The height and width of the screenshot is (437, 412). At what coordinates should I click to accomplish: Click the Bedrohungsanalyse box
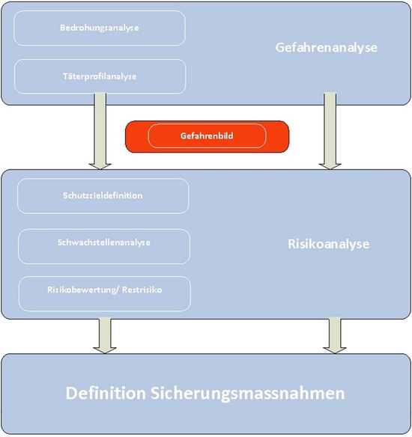(100, 28)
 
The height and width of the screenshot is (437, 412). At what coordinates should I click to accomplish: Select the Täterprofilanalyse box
(100, 76)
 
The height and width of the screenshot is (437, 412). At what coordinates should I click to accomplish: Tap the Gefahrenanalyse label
(326, 48)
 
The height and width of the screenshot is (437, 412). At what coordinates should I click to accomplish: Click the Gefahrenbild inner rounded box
(207, 136)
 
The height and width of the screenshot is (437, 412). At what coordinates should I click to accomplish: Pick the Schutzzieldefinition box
(103, 196)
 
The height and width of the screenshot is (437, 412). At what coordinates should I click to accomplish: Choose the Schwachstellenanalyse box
(104, 246)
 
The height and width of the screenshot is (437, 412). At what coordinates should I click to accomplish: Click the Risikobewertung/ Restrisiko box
(105, 294)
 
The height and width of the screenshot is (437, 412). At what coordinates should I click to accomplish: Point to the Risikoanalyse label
(329, 244)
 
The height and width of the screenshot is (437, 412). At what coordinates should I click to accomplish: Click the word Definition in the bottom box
(106, 394)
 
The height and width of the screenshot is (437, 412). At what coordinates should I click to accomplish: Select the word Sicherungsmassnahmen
(248, 394)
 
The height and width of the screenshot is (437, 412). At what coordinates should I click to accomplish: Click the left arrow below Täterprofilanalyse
(100, 131)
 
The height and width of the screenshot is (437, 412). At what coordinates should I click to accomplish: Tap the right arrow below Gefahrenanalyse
(330, 131)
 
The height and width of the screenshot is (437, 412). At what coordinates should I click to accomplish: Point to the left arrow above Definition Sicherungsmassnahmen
(105, 335)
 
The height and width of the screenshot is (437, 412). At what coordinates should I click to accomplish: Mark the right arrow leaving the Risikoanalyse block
(335, 335)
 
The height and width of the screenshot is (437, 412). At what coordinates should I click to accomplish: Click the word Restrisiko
(142, 290)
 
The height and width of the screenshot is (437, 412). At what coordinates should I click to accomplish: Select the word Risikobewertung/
(83, 290)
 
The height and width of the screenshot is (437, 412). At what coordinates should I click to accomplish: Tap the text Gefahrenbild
(207, 136)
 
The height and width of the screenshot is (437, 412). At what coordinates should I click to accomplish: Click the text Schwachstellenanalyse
(104, 242)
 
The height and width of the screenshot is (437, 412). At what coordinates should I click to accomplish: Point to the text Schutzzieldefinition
(103, 195)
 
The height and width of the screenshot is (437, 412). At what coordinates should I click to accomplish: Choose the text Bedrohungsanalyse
(100, 28)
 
